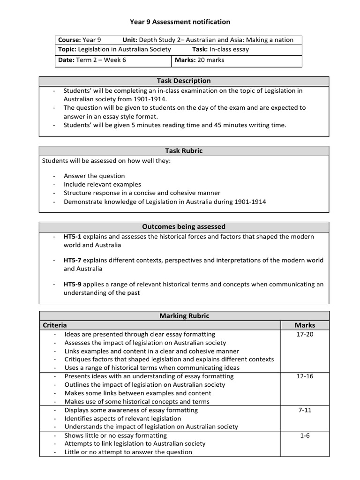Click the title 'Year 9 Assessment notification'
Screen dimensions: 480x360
click(x=180, y=22)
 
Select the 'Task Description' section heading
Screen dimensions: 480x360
click(x=184, y=81)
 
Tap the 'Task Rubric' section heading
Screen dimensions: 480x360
click(x=184, y=151)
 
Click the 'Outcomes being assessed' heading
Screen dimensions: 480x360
click(x=184, y=226)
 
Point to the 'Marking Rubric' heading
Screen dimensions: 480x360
click(x=184, y=316)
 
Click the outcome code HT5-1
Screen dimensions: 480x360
click(x=73, y=237)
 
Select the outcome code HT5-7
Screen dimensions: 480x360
click(x=73, y=260)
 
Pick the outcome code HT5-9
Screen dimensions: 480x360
click(x=73, y=284)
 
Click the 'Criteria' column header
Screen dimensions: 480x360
click(x=55, y=325)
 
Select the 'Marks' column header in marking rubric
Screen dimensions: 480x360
click(x=305, y=325)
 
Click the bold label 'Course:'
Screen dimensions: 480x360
click(x=69, y=40)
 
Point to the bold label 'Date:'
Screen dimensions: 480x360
click(x=66, y=60)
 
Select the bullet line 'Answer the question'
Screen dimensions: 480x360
click(x=94, y=176)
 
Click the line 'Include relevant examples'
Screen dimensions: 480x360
click(x=102, y=184)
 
